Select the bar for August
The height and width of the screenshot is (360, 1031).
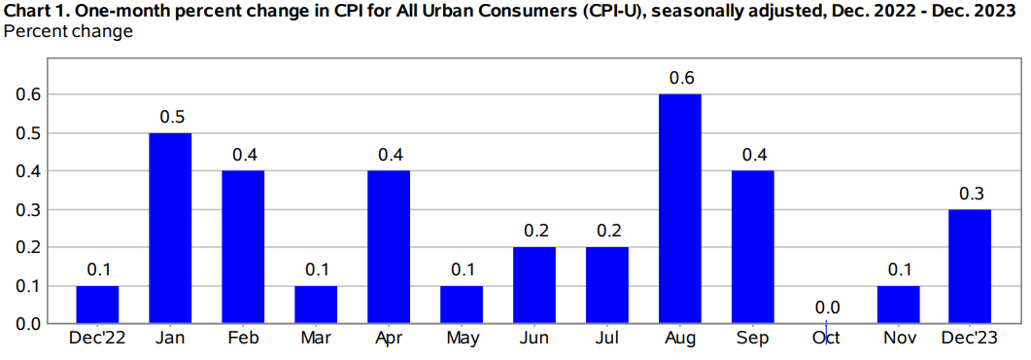[x=679, y=208]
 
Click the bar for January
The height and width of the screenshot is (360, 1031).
[x=170, y=228]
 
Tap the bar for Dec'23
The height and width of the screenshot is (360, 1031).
[x=971, y=266]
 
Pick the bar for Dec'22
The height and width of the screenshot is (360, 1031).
[x=97, y=304]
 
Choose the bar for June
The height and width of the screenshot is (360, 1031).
[x=533, y=284]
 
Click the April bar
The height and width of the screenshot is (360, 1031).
[x=389, y=246]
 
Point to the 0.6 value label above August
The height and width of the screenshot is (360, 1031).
[x=679, y=78]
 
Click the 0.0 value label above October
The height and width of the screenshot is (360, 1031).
[x=825, y=307]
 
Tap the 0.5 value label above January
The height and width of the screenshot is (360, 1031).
[x=170, y=117]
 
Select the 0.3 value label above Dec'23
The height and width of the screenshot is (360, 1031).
[x=971, y=193]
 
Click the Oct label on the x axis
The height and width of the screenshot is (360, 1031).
[x=825, y=338]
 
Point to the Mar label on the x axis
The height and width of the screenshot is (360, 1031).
[x=316, y=338]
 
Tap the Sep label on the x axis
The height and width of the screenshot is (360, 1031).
[x=752, y=338]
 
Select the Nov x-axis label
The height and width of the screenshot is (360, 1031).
[x=898, y=338]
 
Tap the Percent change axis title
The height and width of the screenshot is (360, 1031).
[x=68, y=31]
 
